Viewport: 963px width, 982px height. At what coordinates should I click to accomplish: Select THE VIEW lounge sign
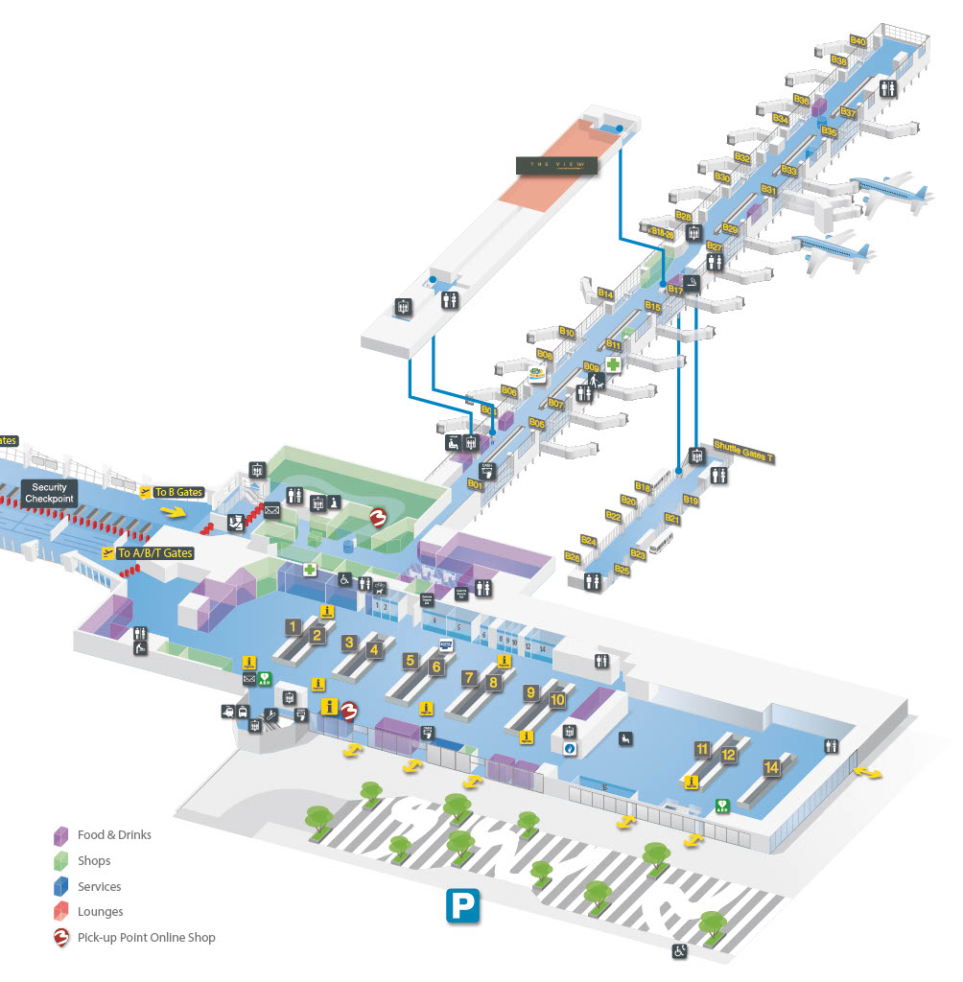coord(556,165)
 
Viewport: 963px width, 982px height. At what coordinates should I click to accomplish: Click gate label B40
coord(857,41)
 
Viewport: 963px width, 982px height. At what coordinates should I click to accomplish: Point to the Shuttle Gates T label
coord(743,452)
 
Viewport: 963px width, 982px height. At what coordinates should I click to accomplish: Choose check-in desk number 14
coord(771,767)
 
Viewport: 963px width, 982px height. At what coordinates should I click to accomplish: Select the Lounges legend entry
coord(100,912)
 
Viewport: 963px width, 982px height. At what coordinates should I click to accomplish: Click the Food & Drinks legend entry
coord(114,834)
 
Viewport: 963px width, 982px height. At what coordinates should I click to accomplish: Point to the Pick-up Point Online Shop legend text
coord(146,938)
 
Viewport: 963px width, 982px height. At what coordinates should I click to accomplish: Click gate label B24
coord(589,542)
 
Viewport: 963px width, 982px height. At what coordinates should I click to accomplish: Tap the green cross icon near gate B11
coord(612,365)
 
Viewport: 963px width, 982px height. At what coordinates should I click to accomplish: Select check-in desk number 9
coord(529,691)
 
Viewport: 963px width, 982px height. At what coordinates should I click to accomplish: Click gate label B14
coord(604,293)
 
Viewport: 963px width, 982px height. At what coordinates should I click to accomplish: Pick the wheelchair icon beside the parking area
coord(679,951)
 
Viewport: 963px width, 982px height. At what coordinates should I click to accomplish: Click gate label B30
coord(722,177)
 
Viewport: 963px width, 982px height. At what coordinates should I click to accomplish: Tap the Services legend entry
coord(99,886)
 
